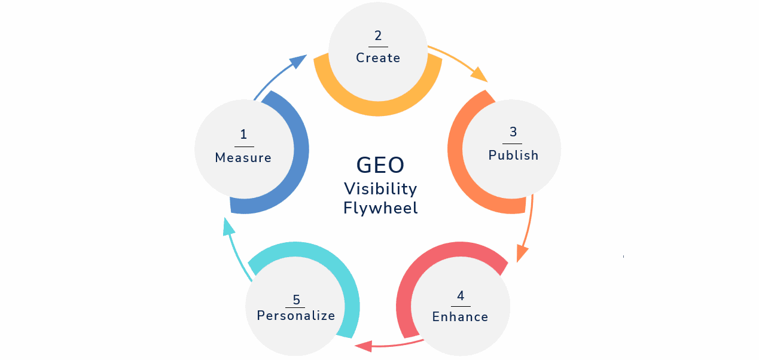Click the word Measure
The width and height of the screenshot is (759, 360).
[x=243, y=158]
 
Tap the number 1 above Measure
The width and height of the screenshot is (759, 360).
[x=243, y=135]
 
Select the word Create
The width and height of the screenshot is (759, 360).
[x=378, y=58]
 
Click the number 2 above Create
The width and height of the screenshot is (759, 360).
[x=378, y=36]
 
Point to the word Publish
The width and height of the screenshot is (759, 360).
[x=513, y=155]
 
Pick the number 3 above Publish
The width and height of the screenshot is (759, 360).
[x=513, y=132]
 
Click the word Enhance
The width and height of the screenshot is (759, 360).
[x=460, y=317]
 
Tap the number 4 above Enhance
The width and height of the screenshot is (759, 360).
[x=461, y=295]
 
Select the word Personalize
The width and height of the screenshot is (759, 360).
[x=295, y=316]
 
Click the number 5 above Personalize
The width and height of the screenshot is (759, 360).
[x=296, y=299]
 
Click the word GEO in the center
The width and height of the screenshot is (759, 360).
[x=380, y=165]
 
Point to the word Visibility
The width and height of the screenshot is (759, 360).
[x=380, y=189]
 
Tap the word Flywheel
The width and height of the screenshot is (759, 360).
[x=380, y=208]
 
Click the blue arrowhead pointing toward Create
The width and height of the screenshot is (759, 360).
[x=299, y=61]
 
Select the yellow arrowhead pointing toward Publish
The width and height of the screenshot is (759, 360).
[x=480, y=75]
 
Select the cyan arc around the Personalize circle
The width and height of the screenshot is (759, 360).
[x=347, y=281]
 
